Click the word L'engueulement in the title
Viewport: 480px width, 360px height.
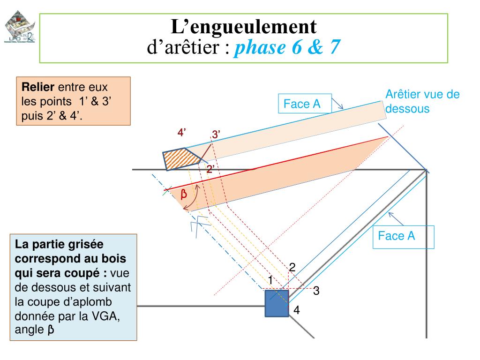tap(243, 27)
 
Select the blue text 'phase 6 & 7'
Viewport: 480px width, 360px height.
tap(286, 47)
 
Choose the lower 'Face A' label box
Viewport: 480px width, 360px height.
tap(397, 236)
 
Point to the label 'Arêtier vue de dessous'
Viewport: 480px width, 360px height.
tap(422, 101)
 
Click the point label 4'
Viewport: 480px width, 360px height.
tap(182, 133)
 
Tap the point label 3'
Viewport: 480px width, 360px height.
tap(216, 135)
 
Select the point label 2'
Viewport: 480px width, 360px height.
tap(210, 169)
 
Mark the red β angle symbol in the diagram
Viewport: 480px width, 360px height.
tap(184, 194)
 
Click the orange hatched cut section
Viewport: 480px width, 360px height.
tap(181, 159)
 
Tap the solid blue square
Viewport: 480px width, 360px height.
tap(277, 303)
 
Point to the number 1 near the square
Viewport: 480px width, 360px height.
tap(270, 280)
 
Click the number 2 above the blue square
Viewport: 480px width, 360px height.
tap(292, 268)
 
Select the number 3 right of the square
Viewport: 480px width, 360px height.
tap(316, 291)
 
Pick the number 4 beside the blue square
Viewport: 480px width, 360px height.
tap(297, 310)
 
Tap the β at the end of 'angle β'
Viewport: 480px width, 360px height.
tap(50, 330)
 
